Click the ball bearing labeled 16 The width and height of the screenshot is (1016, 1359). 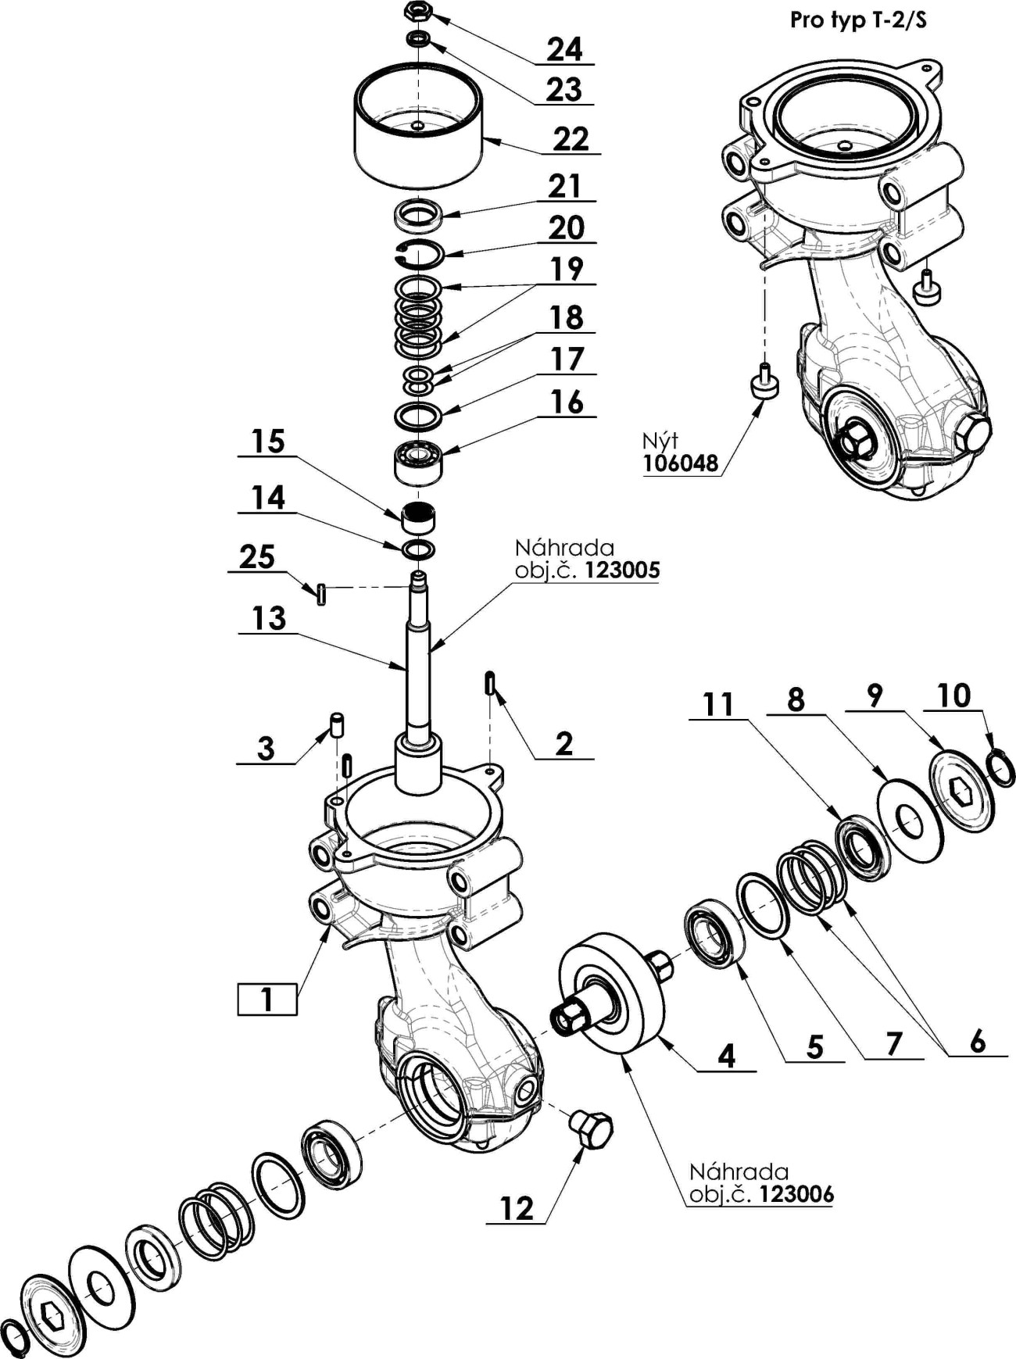coord(417,460)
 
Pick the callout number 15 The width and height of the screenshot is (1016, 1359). coord(267,442)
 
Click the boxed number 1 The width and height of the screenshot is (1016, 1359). coord(267,1000)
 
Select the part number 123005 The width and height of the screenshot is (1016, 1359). coord(622,570)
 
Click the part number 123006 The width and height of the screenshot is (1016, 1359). coord(796,1194)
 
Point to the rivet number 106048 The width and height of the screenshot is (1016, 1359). coord(680,463)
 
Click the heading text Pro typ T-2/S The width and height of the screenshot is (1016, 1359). coord(858,20)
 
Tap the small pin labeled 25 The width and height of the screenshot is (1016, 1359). coord(320,594)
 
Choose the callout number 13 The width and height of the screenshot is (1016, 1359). coord(268,618)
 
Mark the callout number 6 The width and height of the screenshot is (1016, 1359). coord(977,1041)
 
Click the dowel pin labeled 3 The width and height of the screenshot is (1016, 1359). coord(337,724)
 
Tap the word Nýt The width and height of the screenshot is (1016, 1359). coord(660,441)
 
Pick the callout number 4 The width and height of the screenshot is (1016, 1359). coord(726,1056)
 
